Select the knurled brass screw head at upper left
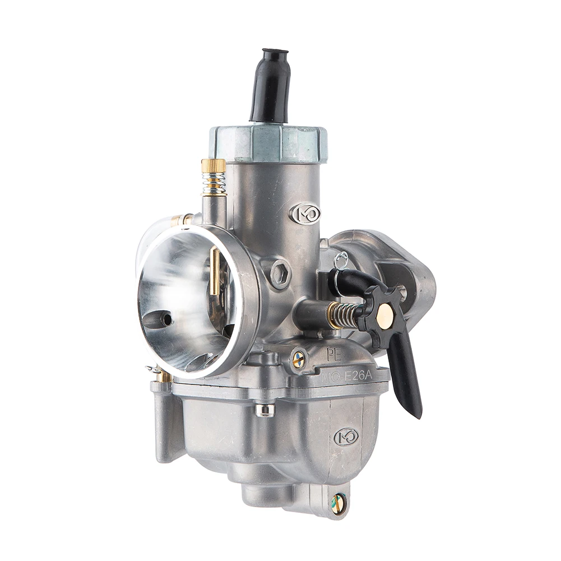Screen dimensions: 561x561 (214, 166)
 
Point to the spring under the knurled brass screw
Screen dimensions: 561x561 (214, 183)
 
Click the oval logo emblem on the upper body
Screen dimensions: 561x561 (306, 213)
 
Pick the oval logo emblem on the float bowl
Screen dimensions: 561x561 (346, 436)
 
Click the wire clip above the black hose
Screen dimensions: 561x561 (340, 261)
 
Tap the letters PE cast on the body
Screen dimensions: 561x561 (335, 354)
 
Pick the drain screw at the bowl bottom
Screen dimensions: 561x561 (338, 503)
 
